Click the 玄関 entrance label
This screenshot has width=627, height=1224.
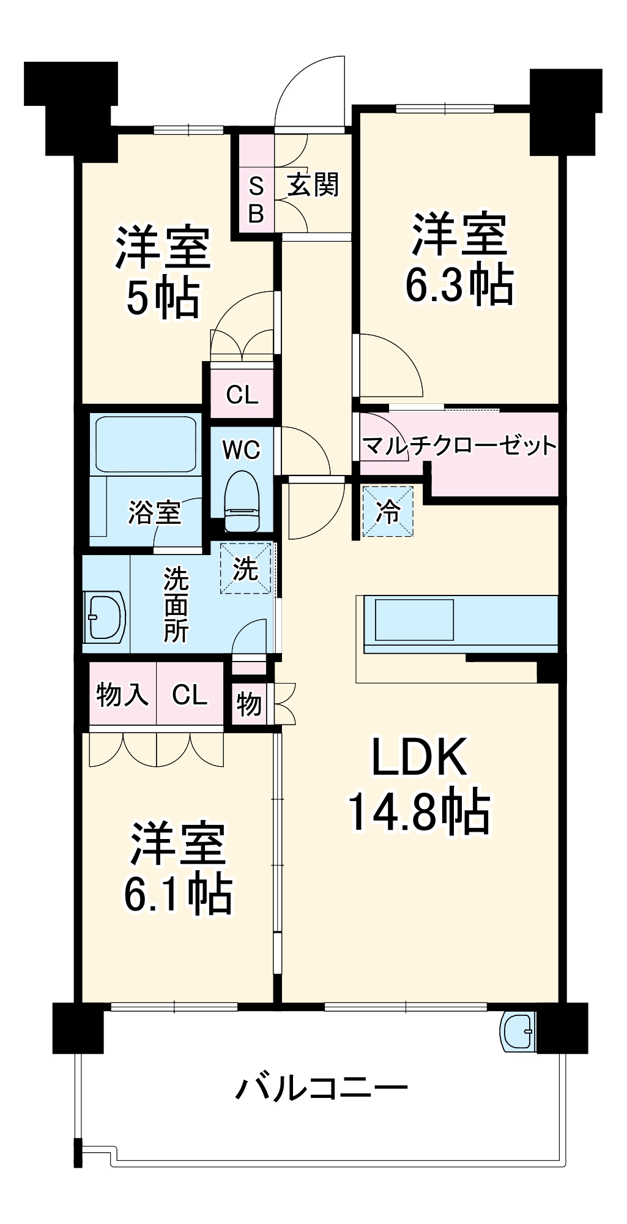click(x=313, y=184)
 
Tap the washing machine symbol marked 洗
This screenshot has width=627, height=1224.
click(x=245, y=569)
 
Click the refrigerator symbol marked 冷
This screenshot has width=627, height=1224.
click(x=388, y=511)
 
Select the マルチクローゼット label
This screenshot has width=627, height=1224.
click(x=459, y=446)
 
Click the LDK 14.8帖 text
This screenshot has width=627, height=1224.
click(x=420, y=786)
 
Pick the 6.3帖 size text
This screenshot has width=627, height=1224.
click(x=459, y=285)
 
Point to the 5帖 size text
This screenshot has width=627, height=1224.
click(x=163, y=299)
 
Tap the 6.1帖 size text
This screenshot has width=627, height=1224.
click(x=178, y=895)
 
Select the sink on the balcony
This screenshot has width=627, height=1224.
click(x=517, y=1031)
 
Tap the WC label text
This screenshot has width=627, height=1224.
click(x=242, y=450)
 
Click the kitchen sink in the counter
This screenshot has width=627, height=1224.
click(x=414, y=619)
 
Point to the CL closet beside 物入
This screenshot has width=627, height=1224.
click(x=190, y=695)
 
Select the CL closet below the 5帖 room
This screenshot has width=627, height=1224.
click(x=242, y=395)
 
